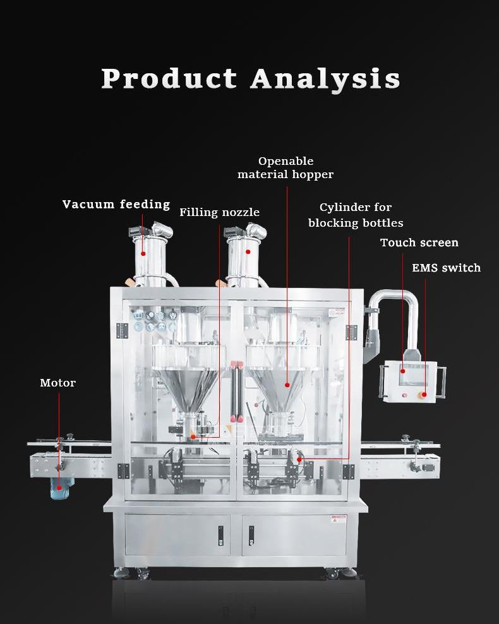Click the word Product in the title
click(169, 79)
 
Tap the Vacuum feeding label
click(116, 204)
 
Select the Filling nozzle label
click(219, 212)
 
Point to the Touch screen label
click(419, 243)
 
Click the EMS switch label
click(446, 268)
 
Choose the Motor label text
click(57, 383)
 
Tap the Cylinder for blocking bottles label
click(356, 215)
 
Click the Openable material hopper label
click(286, 167)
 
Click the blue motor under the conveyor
click(61, 487)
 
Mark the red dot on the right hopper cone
click(287, 383)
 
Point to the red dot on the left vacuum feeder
click(143, 254)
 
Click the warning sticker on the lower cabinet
click(339, 520)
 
